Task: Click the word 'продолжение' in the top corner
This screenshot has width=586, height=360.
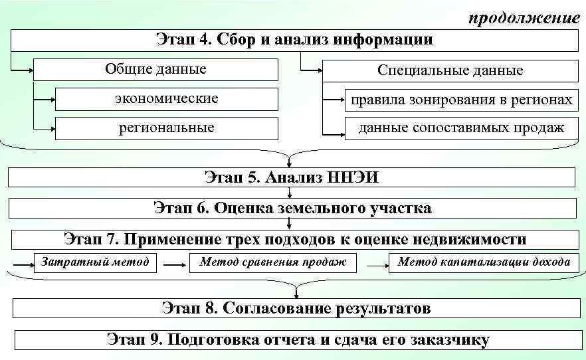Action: pos(524,18)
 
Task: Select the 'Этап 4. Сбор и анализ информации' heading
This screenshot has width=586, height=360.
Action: pos(294,40)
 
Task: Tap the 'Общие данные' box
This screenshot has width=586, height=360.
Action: pos(155,70)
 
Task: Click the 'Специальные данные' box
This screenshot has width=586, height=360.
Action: pos(450,70)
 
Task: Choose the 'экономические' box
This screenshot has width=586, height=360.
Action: pos(166,99)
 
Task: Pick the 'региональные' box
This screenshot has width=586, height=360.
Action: pos(166,128)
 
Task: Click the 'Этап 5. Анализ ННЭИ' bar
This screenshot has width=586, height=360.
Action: pos(292,177)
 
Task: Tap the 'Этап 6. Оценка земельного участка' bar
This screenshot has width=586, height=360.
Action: pos(292,209)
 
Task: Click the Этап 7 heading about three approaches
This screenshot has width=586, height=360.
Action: pos(295,239)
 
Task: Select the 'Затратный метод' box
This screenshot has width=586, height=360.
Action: pos(95,262)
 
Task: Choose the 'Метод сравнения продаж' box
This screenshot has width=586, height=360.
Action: pos(273,262)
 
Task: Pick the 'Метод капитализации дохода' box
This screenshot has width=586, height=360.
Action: pos(484,262)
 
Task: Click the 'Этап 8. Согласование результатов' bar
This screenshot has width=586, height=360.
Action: pos(296,308)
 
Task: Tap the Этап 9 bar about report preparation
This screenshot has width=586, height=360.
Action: pos(298,340)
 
